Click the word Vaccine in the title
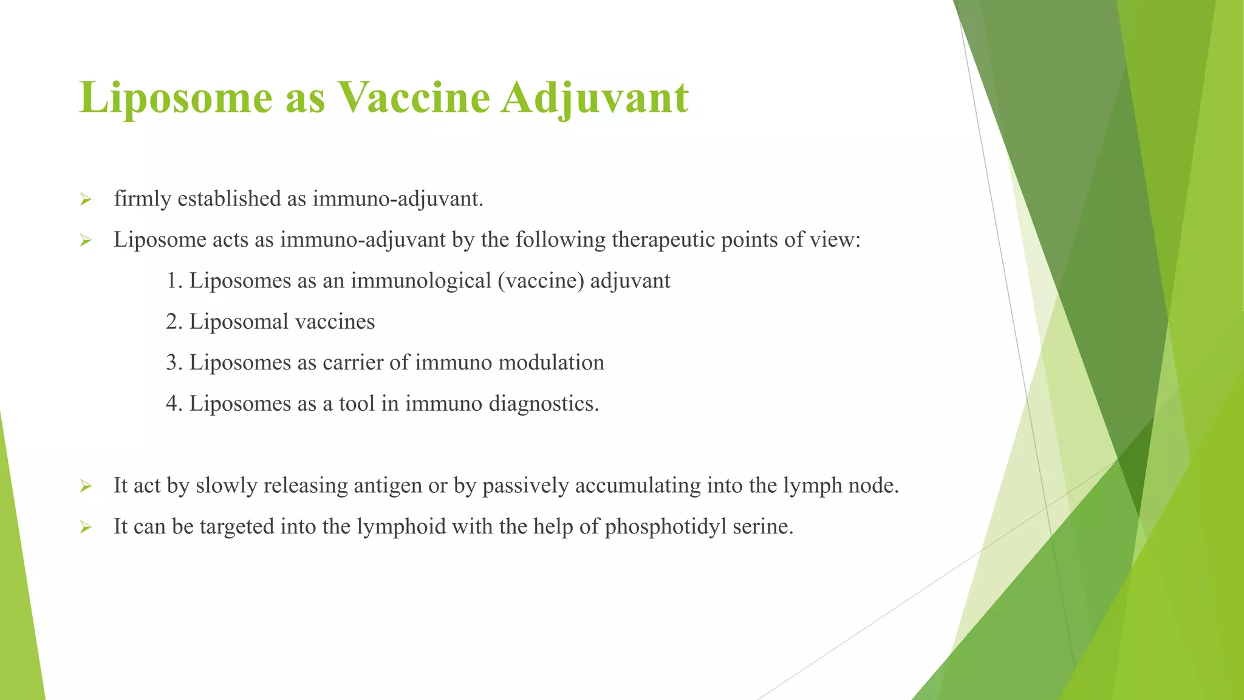pos(413,97)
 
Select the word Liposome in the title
pos(176,97)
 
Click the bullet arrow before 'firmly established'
pos(86,200)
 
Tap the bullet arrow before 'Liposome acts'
pos(86,241)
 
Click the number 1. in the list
pos(174,281)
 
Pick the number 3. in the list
pos(174,363)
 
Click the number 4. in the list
pos(174,404)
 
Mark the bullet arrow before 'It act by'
pos(86,487)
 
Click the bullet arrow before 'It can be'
pos(86,528)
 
